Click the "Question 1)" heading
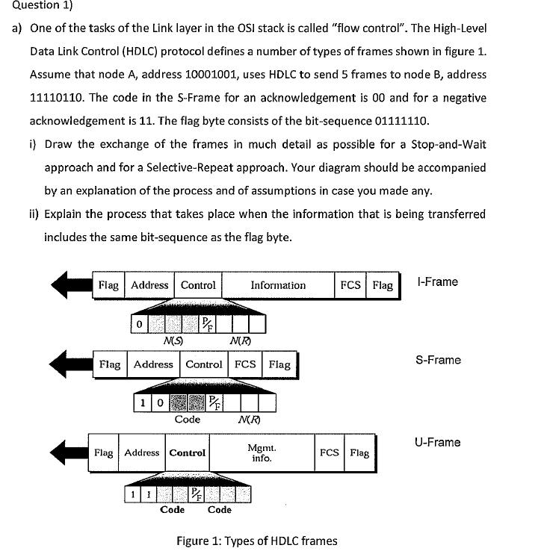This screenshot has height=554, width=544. (33, 6)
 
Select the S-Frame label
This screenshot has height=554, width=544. (438, 360)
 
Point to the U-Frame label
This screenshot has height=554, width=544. (438, 442)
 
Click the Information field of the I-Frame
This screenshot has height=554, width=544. (278, 285)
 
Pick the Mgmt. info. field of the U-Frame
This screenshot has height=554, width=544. (262, 452)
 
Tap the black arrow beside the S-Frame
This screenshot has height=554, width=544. (69, 364)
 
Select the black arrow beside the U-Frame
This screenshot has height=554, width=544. (67, 452)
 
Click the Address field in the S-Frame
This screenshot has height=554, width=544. (153, 364)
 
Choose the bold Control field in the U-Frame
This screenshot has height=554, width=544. (188, 452)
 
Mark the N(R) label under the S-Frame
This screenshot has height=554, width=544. (243, 420)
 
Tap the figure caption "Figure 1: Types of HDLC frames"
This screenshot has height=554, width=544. (256, 541)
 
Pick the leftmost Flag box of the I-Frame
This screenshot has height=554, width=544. (108, 285)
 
